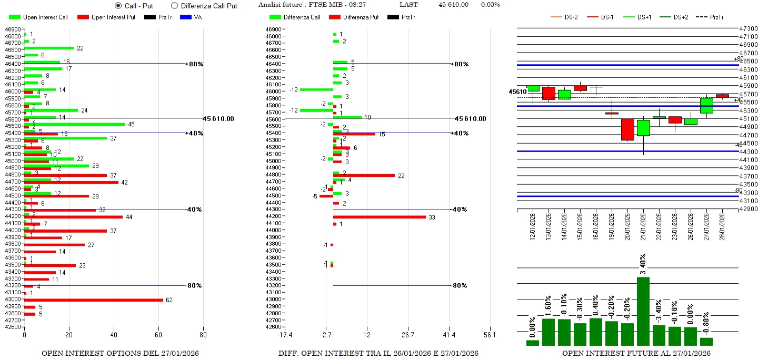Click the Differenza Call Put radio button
pyautogui.click(x=175, y=6)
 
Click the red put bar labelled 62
pyautogui.click(x=94, y=300)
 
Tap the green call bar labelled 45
pyautogui.click(x=74, y=124)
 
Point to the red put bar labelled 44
pyautogui.click(x=73, y=217)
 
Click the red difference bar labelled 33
pyautogui.click(x=379, y=217)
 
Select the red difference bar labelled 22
pyautogui.click(x=364, y=175)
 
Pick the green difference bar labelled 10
pyautogui.click(x=347, y=117)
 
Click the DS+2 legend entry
pyautogui.click(x=680, y=17)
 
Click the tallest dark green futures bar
pyautogui.click(x=643, y=311)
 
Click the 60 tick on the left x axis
pyautogui.click(x=159, y=335)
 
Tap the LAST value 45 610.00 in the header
pyautogui.click(x=453, y=5)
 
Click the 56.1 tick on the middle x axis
pyautogui.click(x=490, y=335)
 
